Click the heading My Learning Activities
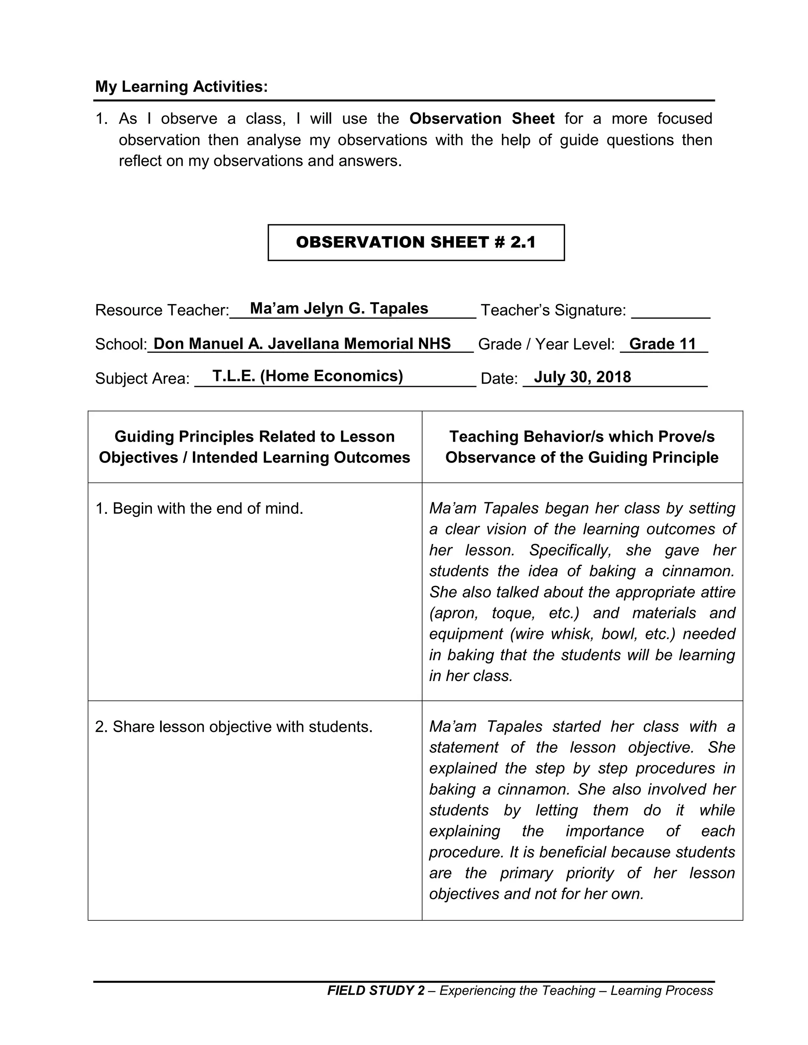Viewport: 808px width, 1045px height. point(181,87)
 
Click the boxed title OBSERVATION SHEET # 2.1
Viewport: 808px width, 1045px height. point(415,242)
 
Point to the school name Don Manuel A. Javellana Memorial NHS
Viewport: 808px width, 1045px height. point(302,343)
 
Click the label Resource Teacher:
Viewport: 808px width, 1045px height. point(162,310)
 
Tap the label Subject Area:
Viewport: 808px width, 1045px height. point(142,379)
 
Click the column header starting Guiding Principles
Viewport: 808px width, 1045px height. point(254,447)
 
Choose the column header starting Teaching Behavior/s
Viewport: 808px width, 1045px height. point(582,447)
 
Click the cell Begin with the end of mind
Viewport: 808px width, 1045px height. point(199,508)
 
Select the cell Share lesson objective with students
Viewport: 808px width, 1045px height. point(234,726)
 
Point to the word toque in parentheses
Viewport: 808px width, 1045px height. point(512,613)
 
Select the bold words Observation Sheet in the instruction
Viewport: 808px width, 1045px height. point(482,118)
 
